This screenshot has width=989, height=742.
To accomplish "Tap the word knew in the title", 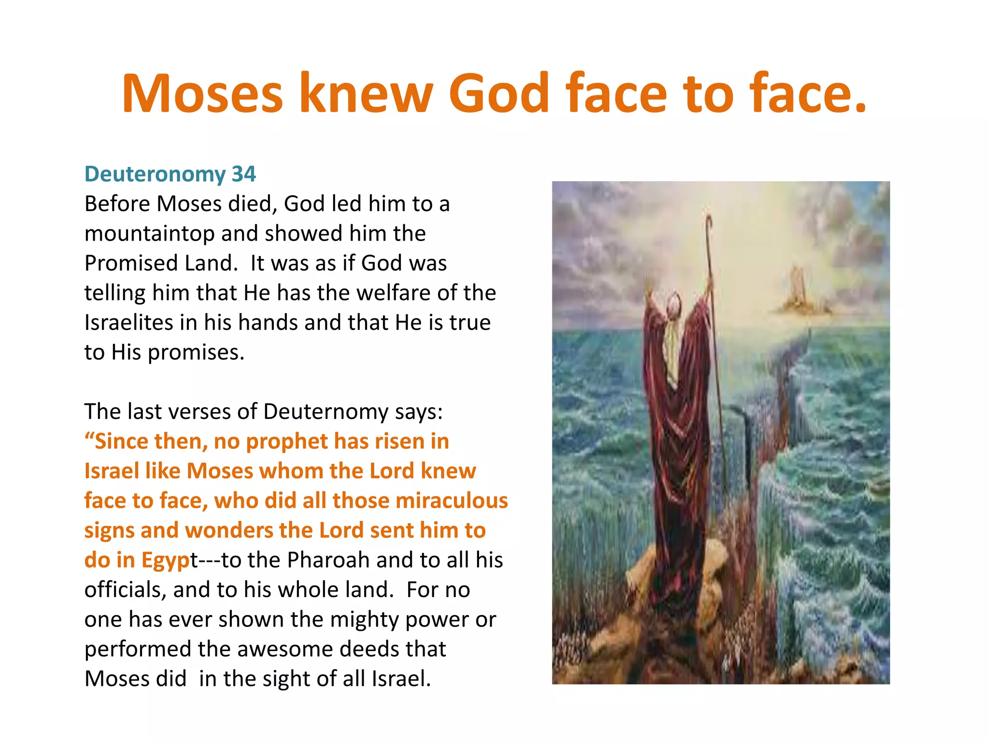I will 366,94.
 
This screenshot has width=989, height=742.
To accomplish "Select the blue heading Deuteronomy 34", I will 170,174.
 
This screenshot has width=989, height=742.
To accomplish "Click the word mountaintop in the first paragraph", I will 149,234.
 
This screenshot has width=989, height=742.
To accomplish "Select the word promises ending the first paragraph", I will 196,353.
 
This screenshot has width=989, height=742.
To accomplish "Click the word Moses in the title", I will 202,94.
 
